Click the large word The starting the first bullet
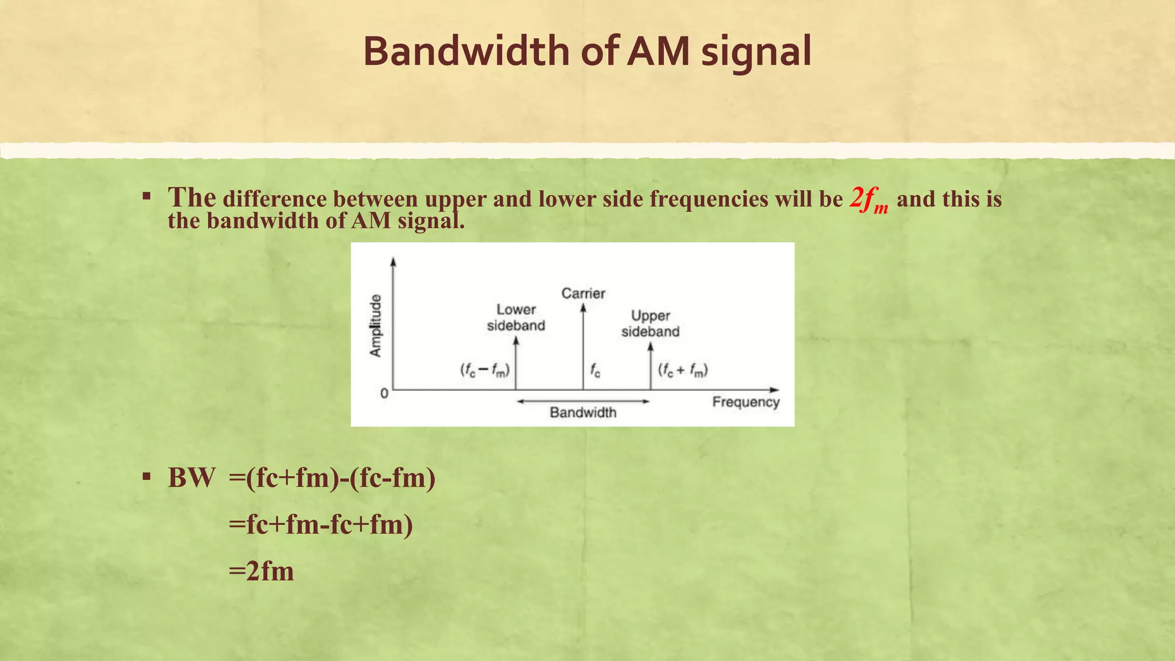click(x=192, y=197)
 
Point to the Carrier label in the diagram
click(x=583, y=294)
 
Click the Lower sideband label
click(x=516, y=317)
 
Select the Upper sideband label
click(x=650, y=324)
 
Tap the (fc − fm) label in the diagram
click(x=485, y=370)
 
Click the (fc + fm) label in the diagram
click(x=683, y=370)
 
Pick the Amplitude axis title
click(x=375, y=325)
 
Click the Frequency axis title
click(x=746, y=402)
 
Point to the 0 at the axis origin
click(x=384, y=394)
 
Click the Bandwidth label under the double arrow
click(x=583, y=413)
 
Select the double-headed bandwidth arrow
click(x=583, y=402)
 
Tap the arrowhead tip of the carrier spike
click(x=583, y=306)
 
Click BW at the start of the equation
click(x=192, y=478)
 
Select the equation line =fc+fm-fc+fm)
click(x=320, y=524)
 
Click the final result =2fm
click(x=261, y=571)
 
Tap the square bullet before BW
click(x=147, y=476)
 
